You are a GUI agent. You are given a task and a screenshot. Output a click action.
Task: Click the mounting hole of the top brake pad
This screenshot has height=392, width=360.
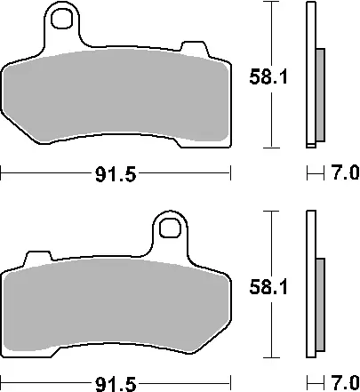(x=61, y=19)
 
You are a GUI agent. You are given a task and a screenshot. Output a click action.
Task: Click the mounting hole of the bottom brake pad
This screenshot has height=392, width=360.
(x=170, y=228)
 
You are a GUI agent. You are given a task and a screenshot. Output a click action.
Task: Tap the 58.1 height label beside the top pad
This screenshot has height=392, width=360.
(x=268, y=76)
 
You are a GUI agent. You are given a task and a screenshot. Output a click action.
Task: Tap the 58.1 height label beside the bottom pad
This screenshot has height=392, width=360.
(x=268, y=287)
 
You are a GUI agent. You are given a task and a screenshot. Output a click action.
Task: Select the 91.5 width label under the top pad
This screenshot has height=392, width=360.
(x=116, y=174)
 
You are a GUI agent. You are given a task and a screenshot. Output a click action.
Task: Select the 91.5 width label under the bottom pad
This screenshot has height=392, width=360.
(x=116, y=384)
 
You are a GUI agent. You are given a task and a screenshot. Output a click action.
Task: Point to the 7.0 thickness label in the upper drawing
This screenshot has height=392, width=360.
(x=346, y=172)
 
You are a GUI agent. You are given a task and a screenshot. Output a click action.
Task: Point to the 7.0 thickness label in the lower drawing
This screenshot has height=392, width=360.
(x=346, y=382)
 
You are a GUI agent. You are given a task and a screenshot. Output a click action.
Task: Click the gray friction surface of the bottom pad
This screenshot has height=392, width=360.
(x=116, y=305)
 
